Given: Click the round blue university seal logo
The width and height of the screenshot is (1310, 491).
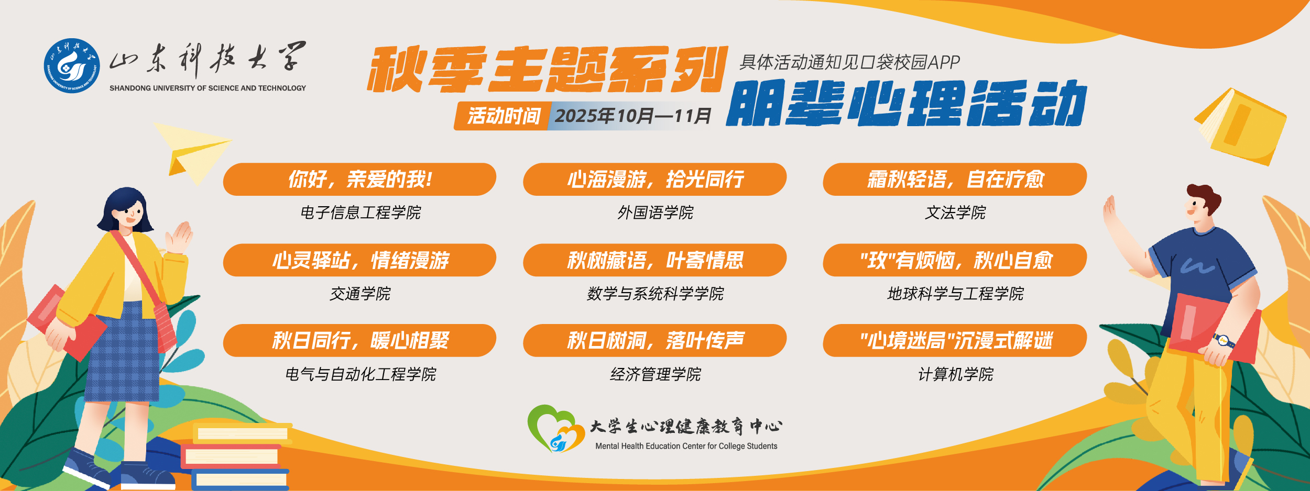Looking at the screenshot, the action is point(72,65).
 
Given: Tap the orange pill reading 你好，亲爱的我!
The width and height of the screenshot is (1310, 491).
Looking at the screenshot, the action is point(359,179).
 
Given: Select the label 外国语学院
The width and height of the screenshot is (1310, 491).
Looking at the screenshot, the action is point(655,213).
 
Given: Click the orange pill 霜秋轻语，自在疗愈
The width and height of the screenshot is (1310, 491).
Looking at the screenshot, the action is point(955,179).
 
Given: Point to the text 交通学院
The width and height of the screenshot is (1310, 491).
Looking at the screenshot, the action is point(360,294).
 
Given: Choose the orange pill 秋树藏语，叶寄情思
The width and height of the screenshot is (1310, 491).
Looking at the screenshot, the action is point(654,260).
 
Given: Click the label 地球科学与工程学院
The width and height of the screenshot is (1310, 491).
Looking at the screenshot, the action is point(955,294).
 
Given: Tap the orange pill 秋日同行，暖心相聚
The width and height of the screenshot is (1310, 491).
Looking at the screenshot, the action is point(359,341).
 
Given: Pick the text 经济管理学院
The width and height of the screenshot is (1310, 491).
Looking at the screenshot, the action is point(655,374).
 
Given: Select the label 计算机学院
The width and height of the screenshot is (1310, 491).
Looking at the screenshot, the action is point(955,374).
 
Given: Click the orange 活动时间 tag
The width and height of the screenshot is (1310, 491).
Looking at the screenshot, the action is point(503,116).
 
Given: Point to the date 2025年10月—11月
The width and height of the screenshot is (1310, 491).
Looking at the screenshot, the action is point(633,116).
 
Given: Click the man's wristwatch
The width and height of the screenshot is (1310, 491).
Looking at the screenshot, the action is point(1224,340).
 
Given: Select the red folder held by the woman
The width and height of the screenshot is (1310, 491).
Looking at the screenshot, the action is point(66,322).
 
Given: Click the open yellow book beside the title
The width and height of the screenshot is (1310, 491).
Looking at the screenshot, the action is point(1240,126).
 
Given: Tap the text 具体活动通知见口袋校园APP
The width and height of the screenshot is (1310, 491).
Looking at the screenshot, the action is point(849,62).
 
